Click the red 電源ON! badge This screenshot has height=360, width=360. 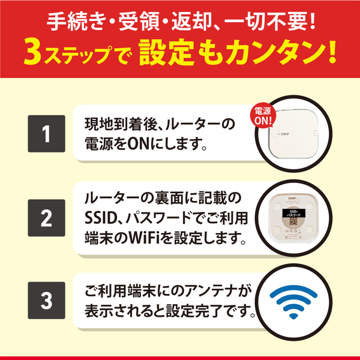(x=264, y=116)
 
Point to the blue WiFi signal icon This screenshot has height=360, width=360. (x=293, y=299)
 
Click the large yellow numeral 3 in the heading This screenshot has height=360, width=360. (x=33, y=55)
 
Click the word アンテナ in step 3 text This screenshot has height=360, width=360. (x=200, y=290)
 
